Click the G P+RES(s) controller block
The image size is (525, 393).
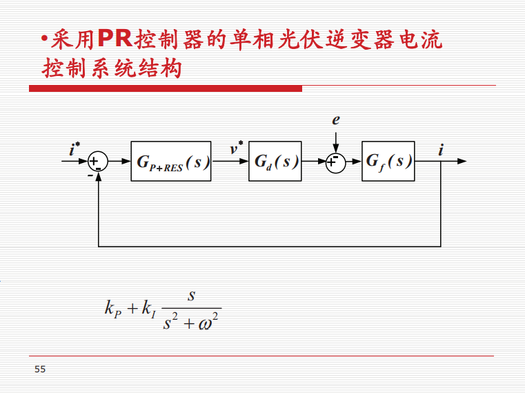click(171, 162)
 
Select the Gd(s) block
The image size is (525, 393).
click(275, 162)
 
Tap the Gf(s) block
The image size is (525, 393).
click(388, 162)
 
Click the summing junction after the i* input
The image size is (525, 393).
click(98, 162)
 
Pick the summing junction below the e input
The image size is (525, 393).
click(335, 163)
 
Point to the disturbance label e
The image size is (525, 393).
click(336, 119)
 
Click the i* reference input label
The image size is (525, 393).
click(75, 148)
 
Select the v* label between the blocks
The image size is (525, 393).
click(236, 148)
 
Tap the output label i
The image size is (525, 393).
click(441, 150)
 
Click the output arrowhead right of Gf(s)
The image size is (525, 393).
click(462, 162)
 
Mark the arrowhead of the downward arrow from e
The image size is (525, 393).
click(335, 148)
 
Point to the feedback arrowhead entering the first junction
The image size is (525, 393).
click(98, 177)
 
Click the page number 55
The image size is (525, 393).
click(40, 370)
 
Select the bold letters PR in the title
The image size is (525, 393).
click(115, 39)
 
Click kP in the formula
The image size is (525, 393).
click(113, 309)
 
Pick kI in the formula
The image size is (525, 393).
click(148, 309)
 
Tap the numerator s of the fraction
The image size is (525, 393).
click(191, 296)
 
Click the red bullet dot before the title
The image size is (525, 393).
click(44, 38)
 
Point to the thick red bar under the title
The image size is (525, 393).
click(166, 88)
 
